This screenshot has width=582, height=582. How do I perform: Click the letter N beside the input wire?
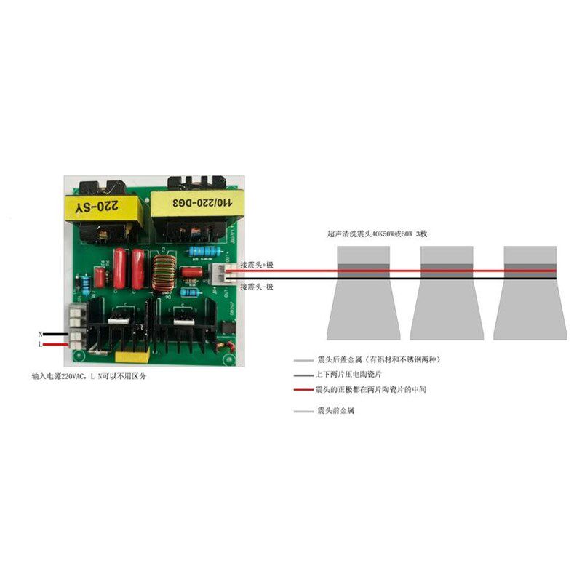[41, 334]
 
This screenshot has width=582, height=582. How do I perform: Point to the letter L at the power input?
[41, 344]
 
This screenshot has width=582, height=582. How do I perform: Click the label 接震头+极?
[256, 264]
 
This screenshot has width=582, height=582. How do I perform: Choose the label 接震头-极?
[256, 287]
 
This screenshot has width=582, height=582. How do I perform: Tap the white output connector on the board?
[217, 274]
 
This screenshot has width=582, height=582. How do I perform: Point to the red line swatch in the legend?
[303, 391]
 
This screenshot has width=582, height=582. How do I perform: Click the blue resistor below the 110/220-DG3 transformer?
[200, 251]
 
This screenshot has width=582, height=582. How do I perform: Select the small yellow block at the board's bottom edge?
[135, 356]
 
